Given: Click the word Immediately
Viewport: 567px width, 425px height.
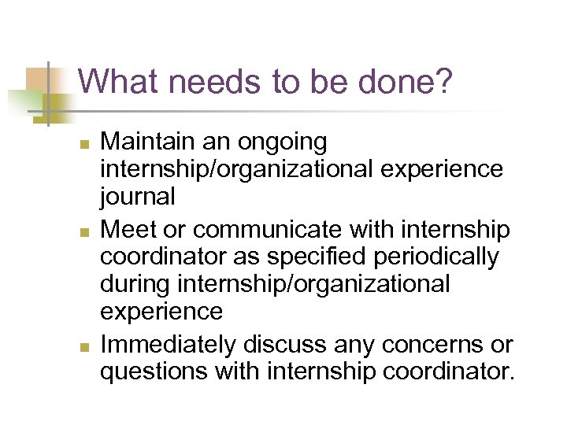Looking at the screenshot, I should coord(169,345).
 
